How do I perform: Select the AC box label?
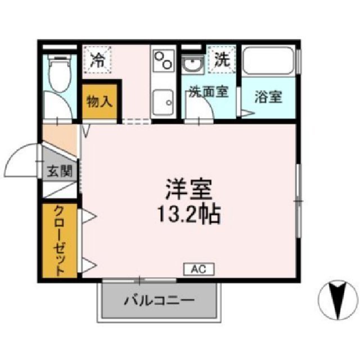(197, 269)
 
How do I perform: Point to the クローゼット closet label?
(59, 241)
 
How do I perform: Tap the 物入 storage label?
(100, 102)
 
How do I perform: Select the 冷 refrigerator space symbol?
(99, 59)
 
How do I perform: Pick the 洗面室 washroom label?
(208, 92)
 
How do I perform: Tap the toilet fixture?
(58, 73)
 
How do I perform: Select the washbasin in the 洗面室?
(192, 65)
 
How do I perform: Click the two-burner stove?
(164, 61)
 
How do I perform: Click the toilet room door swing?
(58, 107)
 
